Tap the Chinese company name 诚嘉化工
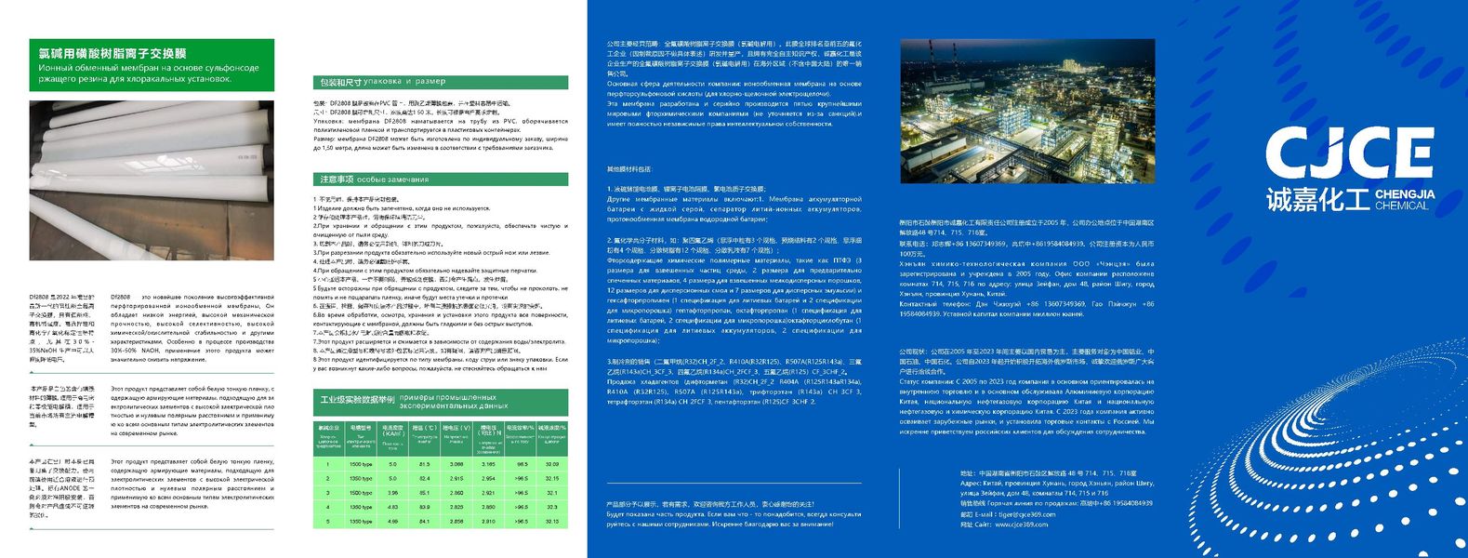click(1317, 199)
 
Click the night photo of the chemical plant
click(1027, 112)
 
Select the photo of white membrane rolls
click(152, 180)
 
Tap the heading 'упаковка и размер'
click(404, 82)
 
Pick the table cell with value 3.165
click(488, 464)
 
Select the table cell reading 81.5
click(425, 464)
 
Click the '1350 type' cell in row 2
click(361, 478)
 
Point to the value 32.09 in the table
click(551, 464)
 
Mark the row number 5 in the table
click(328, 522)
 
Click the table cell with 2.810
click(488, 522)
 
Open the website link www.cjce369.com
click(1021, 525)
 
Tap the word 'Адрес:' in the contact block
click(971, 484)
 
